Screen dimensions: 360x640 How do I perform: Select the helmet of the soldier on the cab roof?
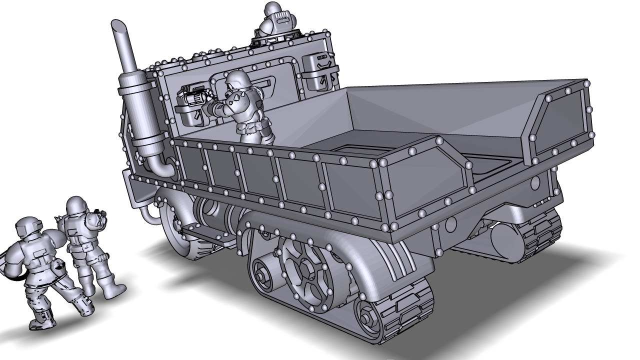[x=271, y=8]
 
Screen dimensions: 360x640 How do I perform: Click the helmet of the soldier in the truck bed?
[x=237, y=79]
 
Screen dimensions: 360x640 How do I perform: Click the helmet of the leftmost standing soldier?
[x=27, y=227]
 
